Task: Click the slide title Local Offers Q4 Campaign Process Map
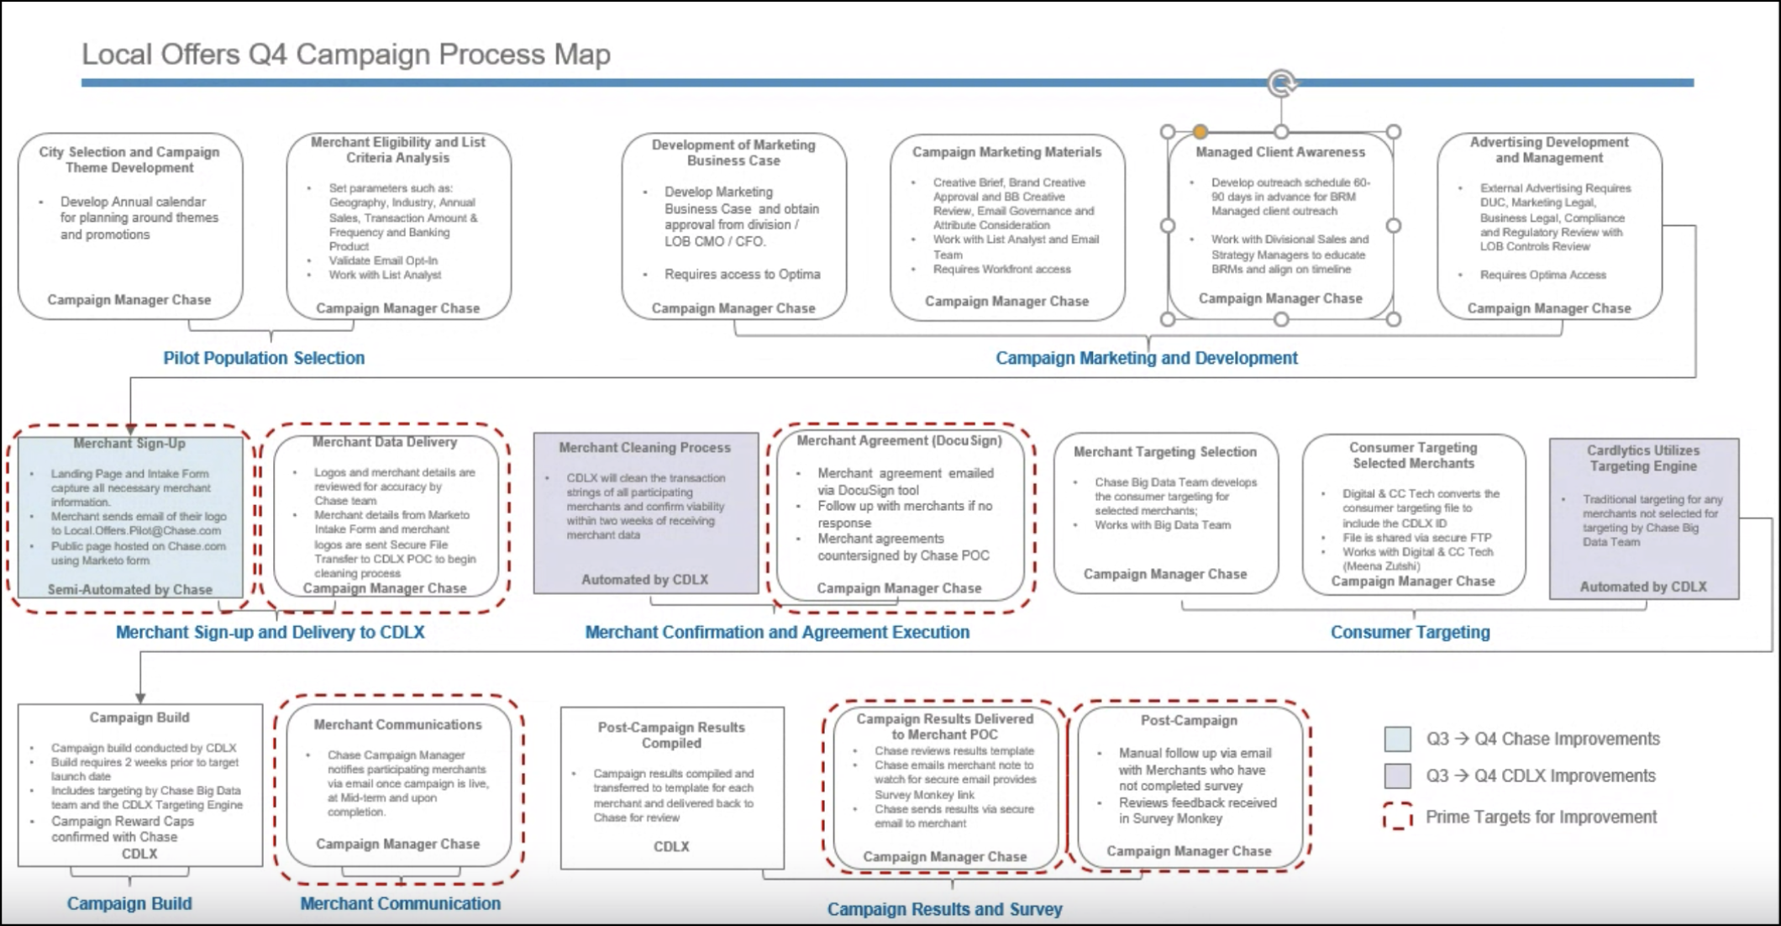pos(345,55)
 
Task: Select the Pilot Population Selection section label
pos(264,358)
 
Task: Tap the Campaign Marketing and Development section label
pos(1146,358)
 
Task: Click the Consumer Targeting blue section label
pos(1410,632)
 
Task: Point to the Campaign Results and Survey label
pos(944,908)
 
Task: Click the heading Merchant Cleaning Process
pos(644,448)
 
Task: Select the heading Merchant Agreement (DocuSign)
pos(899,440)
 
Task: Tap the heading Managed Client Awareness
pos(1280,152)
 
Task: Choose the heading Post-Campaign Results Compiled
pos(671,734)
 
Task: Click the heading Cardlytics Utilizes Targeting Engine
pos(1642,458)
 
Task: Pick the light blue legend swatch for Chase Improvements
pos(1397,739)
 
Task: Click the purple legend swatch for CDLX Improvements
pos(1397,776)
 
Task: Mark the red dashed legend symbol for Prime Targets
pos(1397,817)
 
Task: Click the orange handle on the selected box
pos(1200,132)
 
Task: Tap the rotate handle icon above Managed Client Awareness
pos(1281,82)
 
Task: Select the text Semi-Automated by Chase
pos(129,589)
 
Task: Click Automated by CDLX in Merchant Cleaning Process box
pos(644,579)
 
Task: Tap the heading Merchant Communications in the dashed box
pos(397,724)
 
